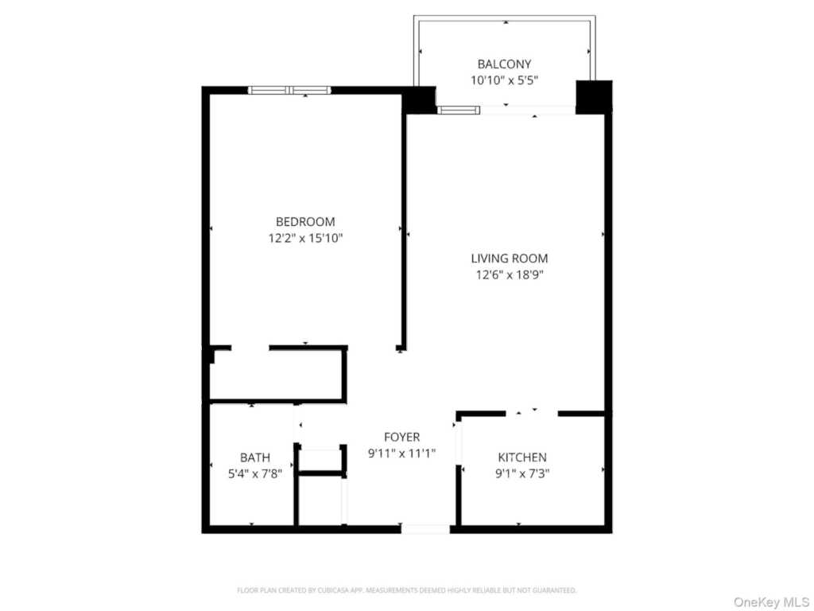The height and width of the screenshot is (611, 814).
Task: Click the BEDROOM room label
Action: point(305,222)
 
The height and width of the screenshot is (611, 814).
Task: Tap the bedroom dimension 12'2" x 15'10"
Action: point(305,239)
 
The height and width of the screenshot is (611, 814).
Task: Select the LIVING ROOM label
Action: point(510,259)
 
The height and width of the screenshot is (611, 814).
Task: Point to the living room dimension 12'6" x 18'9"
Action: point(510,274)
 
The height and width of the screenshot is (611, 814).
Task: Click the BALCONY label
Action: point(504,64)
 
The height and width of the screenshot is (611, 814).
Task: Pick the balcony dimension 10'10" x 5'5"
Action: point(504,80)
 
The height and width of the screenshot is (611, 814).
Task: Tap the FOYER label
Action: point(401,437)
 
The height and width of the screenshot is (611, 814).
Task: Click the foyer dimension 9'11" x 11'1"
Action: point(401,453)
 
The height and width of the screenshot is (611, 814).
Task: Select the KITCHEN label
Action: point(522,457)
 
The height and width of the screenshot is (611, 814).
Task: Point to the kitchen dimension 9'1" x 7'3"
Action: point(522,474)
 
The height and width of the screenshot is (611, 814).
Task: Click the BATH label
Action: point(255,457)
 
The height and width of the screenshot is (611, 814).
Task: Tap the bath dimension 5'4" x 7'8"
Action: point(255,474)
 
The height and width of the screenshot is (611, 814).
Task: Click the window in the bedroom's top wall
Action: point(289,91)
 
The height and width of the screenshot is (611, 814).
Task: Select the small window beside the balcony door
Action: point(459,110)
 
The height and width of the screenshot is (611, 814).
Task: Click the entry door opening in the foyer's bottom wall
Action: point(425,529)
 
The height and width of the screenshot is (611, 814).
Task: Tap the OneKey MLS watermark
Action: point(771,602)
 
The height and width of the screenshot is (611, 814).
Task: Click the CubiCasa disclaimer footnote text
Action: point(406,590)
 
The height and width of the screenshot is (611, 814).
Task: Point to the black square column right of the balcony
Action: point(594,97)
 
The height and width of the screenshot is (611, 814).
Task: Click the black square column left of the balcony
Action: point(419,100)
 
